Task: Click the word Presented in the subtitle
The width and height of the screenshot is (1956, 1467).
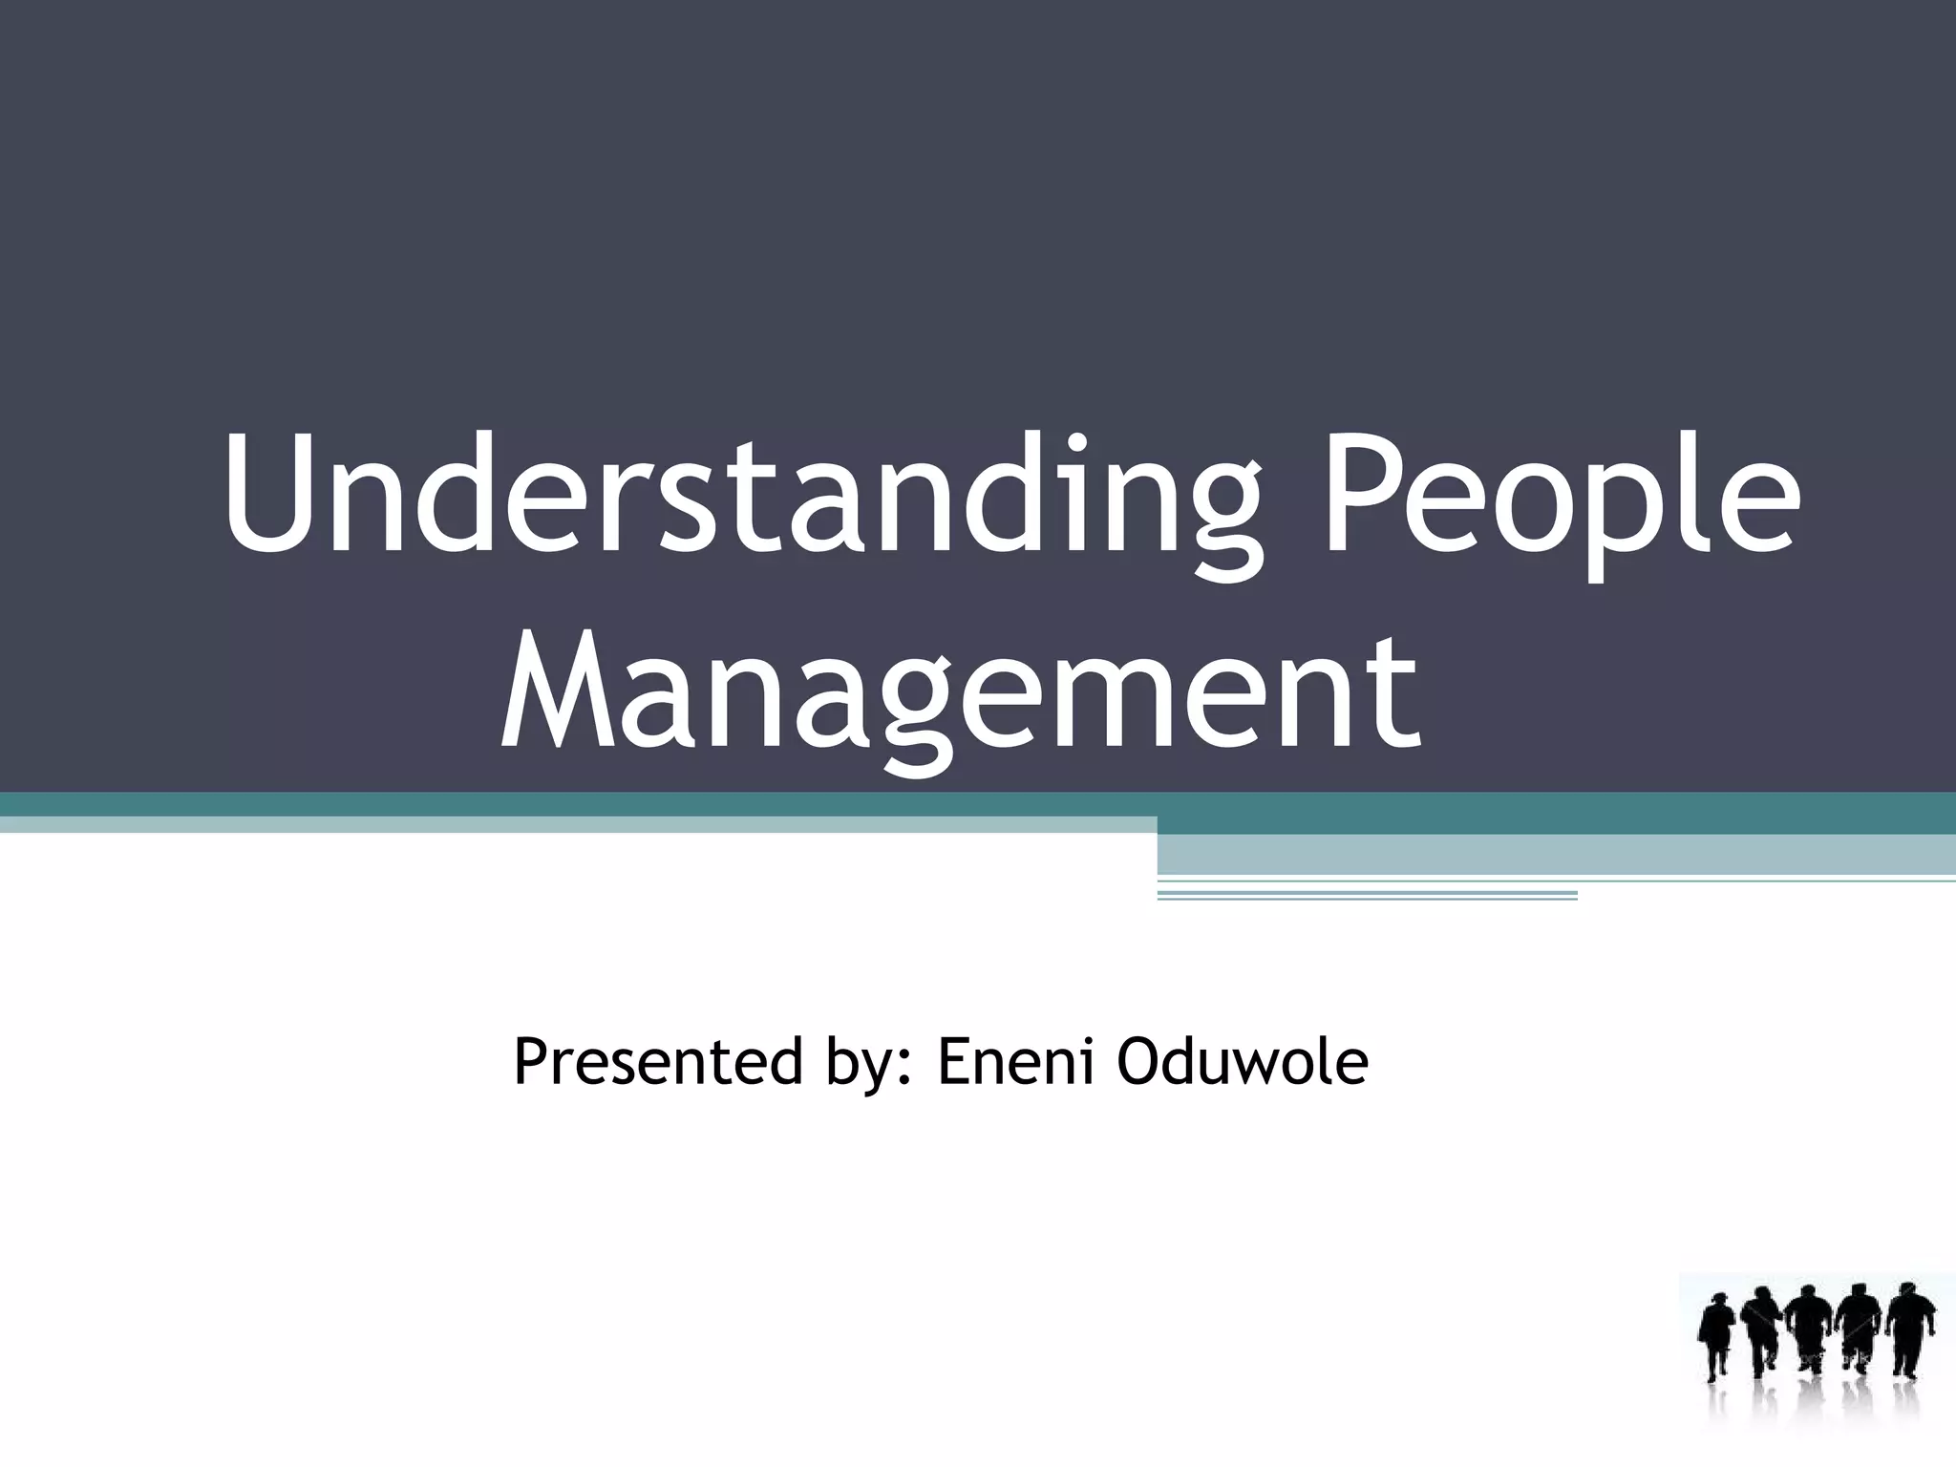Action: point(658,1062)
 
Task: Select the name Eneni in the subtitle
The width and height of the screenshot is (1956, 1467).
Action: point(1015,1062)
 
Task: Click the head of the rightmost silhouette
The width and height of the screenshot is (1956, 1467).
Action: point(1905,1298)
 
